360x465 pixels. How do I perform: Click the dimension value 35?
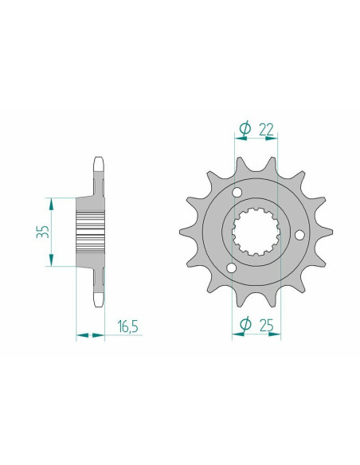click(43, 232)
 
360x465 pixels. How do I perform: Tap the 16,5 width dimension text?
click(127, 326)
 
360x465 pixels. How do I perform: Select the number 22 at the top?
click(266, 130)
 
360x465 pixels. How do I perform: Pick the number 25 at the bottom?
click(266, 326)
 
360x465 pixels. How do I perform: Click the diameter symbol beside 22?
click(245, 129)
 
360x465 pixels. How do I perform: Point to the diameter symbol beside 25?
click(245, 324)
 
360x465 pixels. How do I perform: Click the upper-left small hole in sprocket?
click(237, 193)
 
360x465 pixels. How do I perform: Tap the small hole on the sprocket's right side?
click(299, 235)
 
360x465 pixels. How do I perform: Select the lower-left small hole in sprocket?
click(231, 268)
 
